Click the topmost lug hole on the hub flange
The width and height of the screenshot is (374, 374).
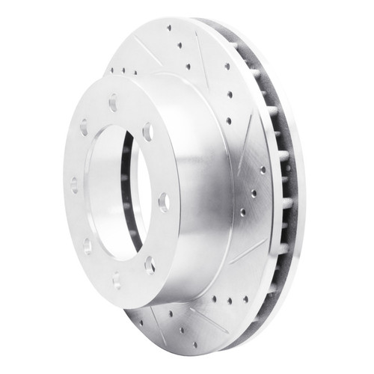112,102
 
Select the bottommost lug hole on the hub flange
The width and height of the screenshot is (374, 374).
116,279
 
